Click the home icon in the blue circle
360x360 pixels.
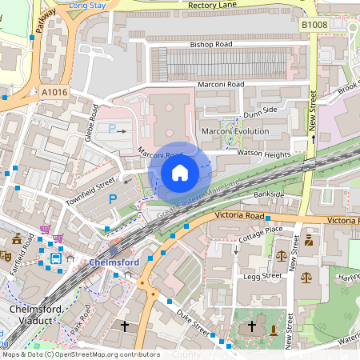179,172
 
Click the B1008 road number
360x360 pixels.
315,26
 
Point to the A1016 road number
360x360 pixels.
55,92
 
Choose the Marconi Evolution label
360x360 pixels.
234,130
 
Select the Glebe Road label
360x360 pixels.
90,122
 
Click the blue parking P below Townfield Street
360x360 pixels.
113,198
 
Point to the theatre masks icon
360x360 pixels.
6,258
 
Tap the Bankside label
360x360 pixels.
268,194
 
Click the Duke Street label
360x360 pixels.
192,323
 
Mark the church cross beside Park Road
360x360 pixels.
124,326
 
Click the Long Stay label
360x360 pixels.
88,5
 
